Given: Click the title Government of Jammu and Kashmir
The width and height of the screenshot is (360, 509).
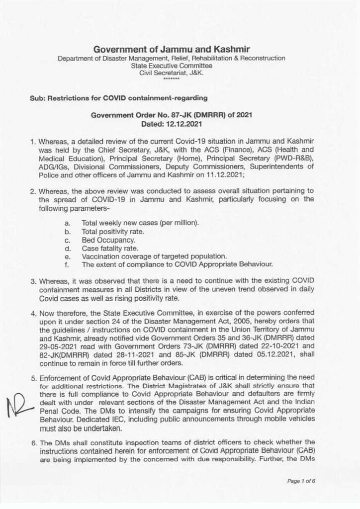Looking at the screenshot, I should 171,49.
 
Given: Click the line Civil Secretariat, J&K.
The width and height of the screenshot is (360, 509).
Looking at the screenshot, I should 171,73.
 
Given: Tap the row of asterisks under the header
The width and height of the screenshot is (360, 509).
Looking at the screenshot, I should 171,79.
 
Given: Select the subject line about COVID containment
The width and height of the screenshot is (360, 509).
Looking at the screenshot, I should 119,98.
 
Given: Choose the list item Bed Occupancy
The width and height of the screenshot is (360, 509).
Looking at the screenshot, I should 108,240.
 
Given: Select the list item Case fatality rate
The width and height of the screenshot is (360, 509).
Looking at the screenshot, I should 110,248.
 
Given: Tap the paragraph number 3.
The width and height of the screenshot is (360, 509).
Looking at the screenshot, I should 33,281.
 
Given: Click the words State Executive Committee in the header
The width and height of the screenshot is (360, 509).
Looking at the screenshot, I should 171,66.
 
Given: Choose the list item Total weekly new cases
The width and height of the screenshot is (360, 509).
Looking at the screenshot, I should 140,223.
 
